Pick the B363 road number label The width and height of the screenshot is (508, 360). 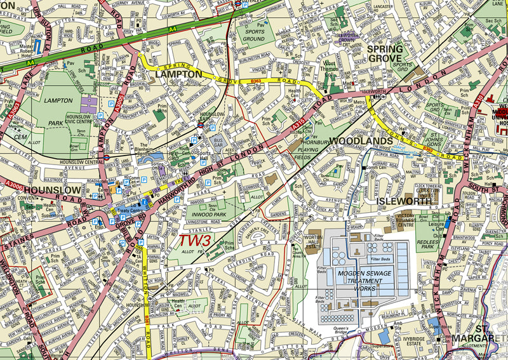point(256,81)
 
